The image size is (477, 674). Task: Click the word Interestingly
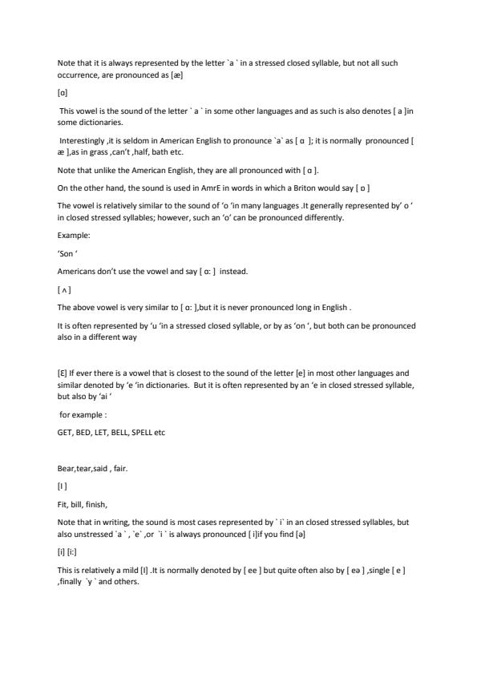[x=81, y=140]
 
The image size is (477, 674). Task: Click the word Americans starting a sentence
[x=78, y=271]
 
